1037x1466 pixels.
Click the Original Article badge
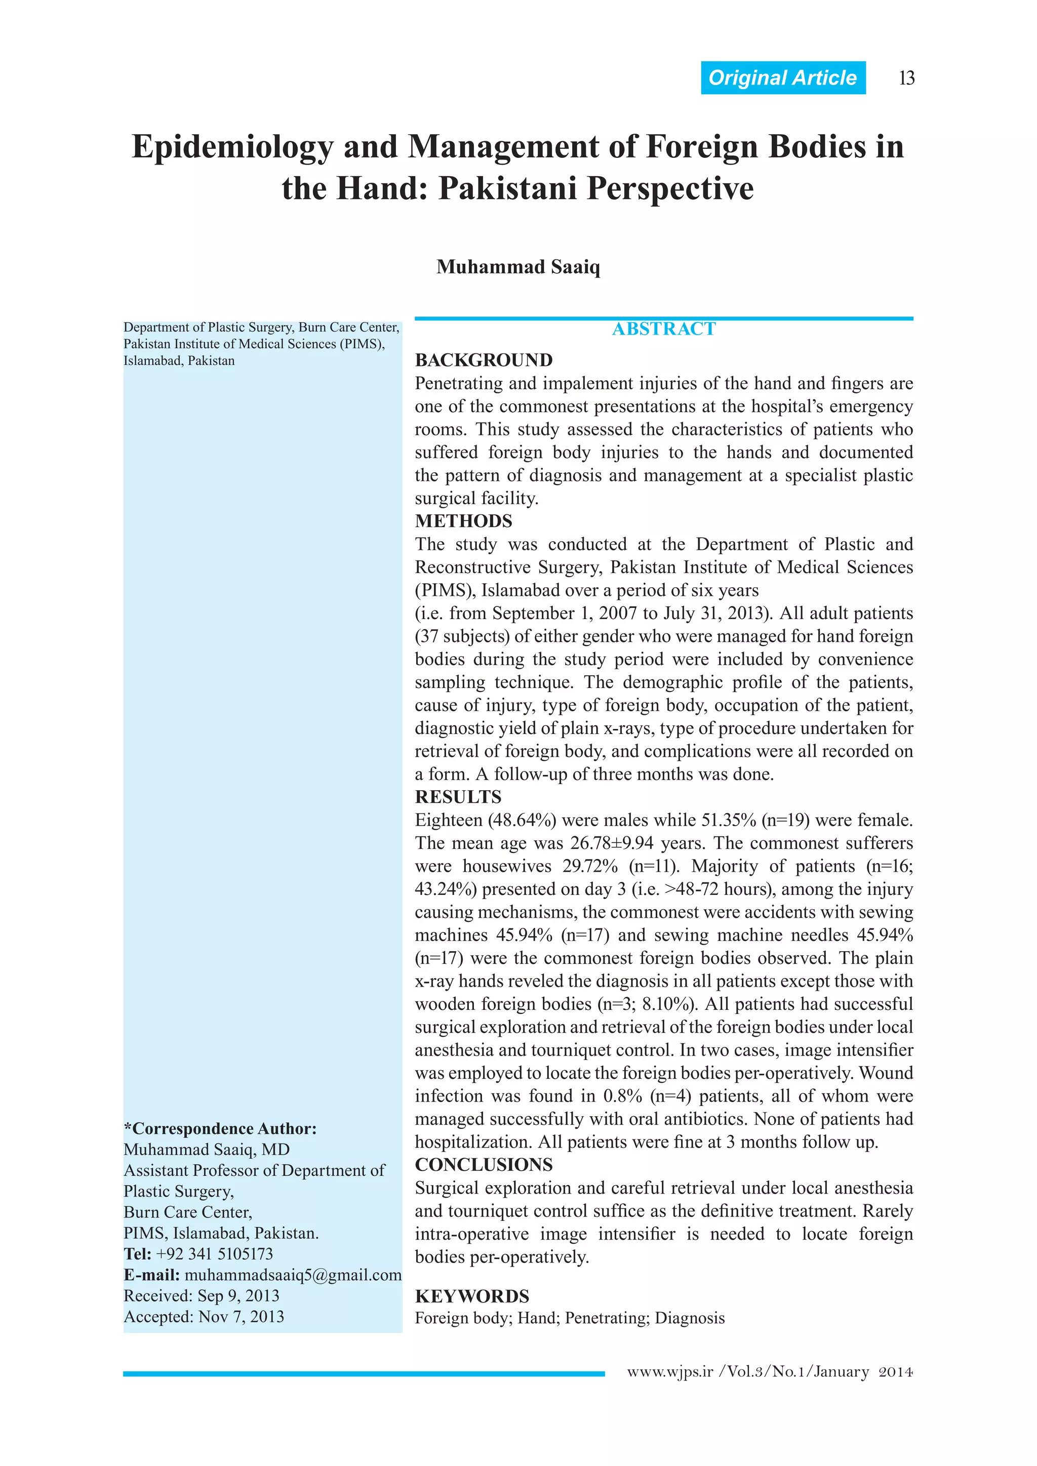(x=782, y=78)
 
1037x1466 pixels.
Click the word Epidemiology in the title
(x=232, y=147)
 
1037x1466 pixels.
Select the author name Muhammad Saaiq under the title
(x=518, y=267)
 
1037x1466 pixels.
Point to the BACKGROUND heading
(x=484, y=360)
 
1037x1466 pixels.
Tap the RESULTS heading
(x=458, y=797)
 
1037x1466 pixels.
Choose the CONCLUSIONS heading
(x=484, y=1165)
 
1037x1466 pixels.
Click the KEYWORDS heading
(x=472, y=1296)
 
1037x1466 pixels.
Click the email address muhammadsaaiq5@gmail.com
(x=293, y=1275)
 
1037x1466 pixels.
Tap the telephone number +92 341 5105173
(x=215, y=1254)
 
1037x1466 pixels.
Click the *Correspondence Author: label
(x=220, y=1128)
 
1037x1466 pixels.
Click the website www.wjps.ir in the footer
(x=669, y=1371)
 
